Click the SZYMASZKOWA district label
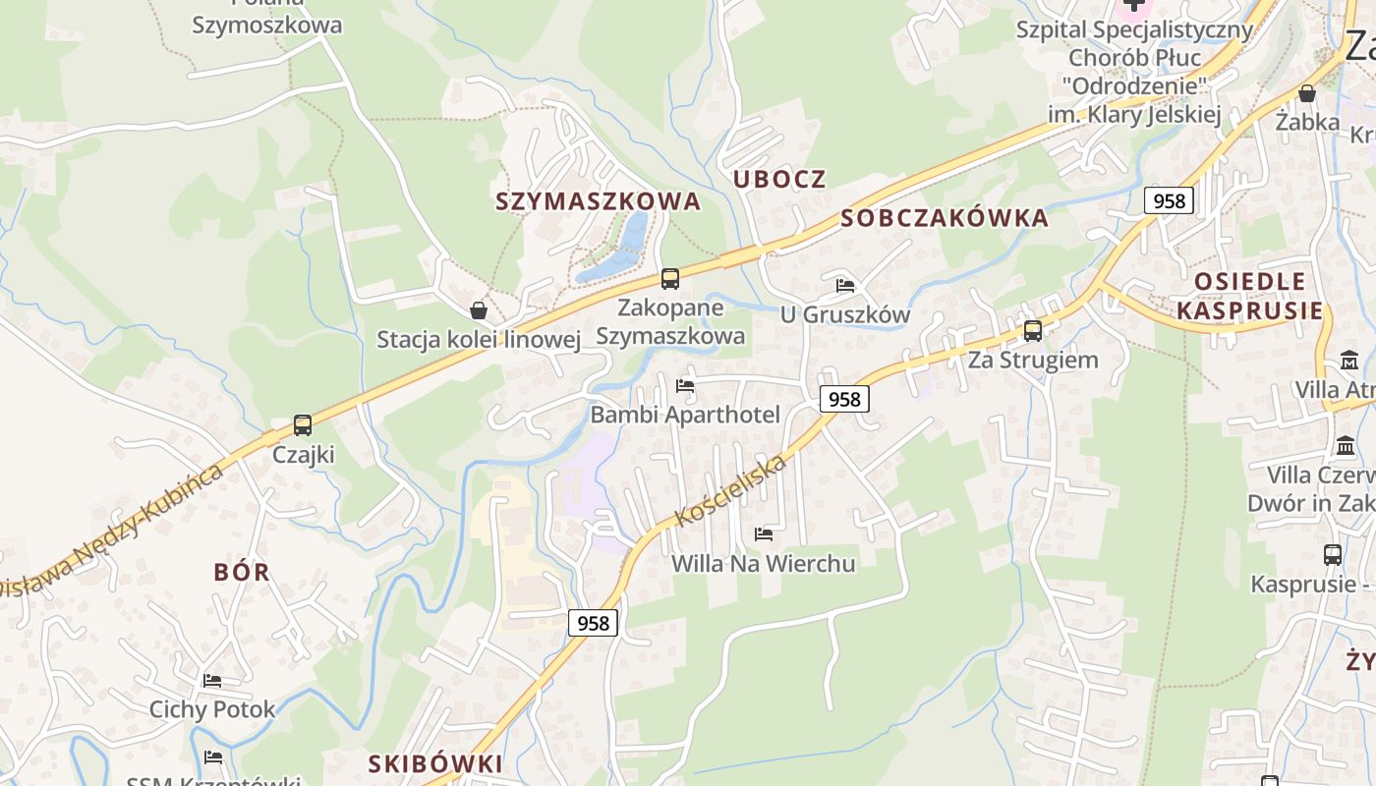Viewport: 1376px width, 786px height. (x=598, y=201)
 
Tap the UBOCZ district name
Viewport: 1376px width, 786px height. (x=779, y=179)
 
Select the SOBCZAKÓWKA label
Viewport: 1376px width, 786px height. (x=945, y=218)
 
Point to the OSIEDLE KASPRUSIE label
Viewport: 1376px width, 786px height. (x=1249, y=296)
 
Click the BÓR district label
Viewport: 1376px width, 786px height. (x=242, y=572)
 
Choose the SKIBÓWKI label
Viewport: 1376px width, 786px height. (x=435, y=763)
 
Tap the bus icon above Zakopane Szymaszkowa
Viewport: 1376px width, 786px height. (x=670, y=279)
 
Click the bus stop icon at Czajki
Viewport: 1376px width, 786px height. (x=303, y=425)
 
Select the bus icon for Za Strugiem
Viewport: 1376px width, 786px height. (x=1033, y=330)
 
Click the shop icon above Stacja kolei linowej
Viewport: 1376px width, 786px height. (x=479, y=310)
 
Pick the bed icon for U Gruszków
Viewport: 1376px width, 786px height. (x=844, y=286)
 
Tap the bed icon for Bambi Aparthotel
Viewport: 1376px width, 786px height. (x=685, y=385)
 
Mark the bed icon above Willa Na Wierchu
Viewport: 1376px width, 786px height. (x=763, y=534)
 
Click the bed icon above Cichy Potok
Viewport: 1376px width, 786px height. (x=212, y=680)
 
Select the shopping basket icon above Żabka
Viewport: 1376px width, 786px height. (x=1307, y=93)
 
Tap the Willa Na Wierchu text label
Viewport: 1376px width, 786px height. (x=763, y=564)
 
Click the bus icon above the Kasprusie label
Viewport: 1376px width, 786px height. (x=1333, y=555)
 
